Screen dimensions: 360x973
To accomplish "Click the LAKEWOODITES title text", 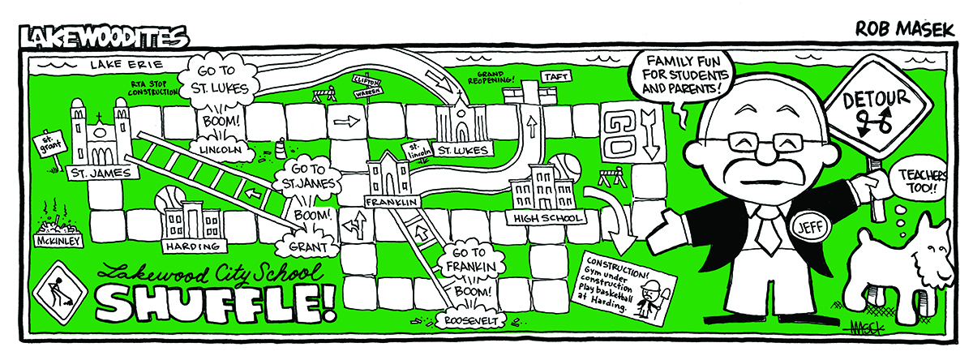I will click(104, 36).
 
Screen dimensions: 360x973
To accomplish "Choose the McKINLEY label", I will click(56, 241).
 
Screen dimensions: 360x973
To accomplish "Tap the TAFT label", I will click(557, 76).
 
